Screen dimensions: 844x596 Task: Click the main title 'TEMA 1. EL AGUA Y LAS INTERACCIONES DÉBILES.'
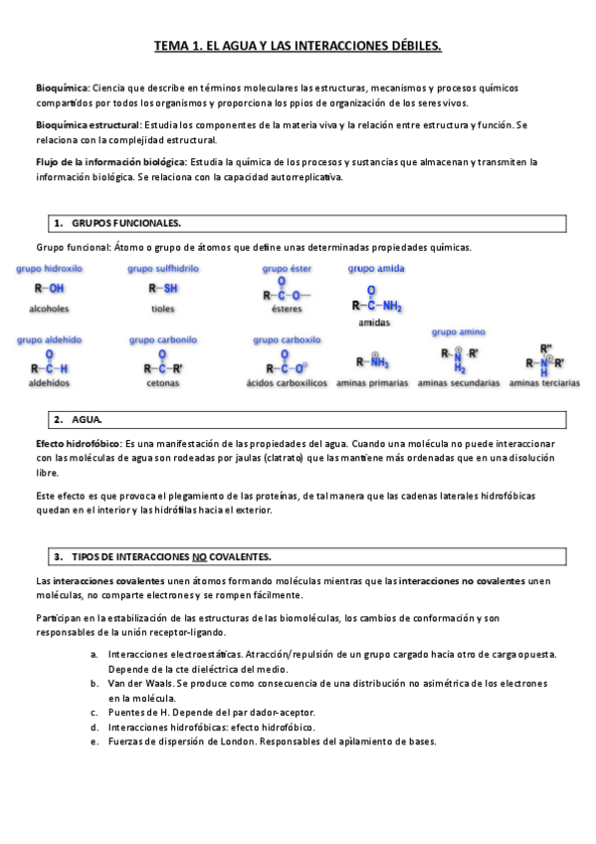(298, 46)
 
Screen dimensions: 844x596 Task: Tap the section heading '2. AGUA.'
(85, 419)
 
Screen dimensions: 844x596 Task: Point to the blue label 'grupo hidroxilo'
(49, 269)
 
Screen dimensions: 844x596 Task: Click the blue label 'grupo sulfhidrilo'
(162, 269)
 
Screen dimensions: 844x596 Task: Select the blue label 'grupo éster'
(287, 269)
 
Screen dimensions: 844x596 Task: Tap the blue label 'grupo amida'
(375, 269)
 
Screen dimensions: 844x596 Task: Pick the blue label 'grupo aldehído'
(49, 340)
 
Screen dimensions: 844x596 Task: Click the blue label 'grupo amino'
(458, 331)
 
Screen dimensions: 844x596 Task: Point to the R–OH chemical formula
(49, 289)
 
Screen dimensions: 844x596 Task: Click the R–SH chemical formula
(162, 289)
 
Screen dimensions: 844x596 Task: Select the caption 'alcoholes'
(49, 310)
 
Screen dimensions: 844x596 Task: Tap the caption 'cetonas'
(162, 382)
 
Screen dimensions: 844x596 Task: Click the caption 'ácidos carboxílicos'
(287, 382)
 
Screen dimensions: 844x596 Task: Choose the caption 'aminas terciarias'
(544, 382)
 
